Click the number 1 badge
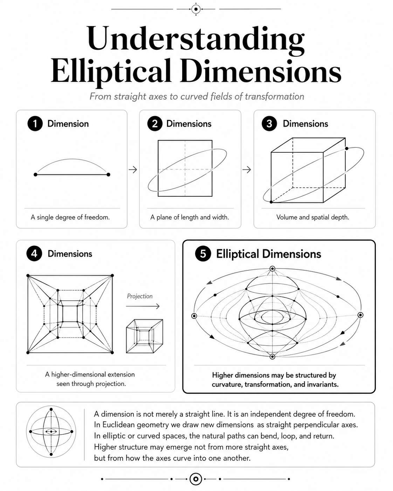click(35, 124)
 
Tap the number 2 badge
click(155, 124)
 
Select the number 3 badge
click(269, 124)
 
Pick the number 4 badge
click(34, 254)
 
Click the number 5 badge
click(203, 254)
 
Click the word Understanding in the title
click(195, 39)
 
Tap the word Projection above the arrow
click(140, 296)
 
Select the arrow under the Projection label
click(143, 306)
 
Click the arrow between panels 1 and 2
click(133, 170)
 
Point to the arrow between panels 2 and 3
click(247, 170)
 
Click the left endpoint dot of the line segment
click(35, 174)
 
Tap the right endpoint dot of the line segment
click(108, 174)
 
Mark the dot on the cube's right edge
click(346, 148)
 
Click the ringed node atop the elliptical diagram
click(272, 269)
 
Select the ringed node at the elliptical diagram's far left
click(194, 316)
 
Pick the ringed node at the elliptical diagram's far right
click(360, 315)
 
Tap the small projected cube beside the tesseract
click(144, 336)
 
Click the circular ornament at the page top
click(196, 9)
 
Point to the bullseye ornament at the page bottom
click(196, 479)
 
